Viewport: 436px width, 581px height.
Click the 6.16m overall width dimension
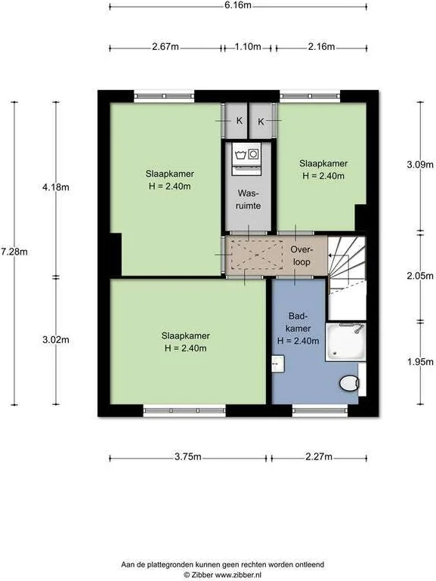tap(238, 5)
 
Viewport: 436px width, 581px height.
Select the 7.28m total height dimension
tap(14, 252)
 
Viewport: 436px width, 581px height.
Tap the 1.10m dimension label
tap(248, 47)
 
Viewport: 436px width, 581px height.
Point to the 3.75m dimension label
tap(188, 456)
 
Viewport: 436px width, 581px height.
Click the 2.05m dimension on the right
tap(420, 276)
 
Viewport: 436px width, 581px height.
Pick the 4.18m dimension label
tap(56, 187)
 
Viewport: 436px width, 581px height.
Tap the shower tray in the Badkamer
tap(345, 341)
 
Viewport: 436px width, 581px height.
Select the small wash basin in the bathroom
tap(278, 364)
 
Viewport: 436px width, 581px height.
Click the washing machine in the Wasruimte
tap(246, 159)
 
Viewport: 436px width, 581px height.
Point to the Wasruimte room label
tap(248, 199)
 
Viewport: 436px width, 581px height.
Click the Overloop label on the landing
tap(301, 255)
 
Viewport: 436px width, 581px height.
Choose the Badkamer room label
tap(298, 329)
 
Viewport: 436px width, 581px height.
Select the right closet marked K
tap(261, 120)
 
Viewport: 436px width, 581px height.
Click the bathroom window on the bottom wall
tap(320, 410)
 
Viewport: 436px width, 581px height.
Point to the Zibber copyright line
tap(223, 575)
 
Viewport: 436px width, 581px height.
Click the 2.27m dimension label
tap(319, 456)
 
